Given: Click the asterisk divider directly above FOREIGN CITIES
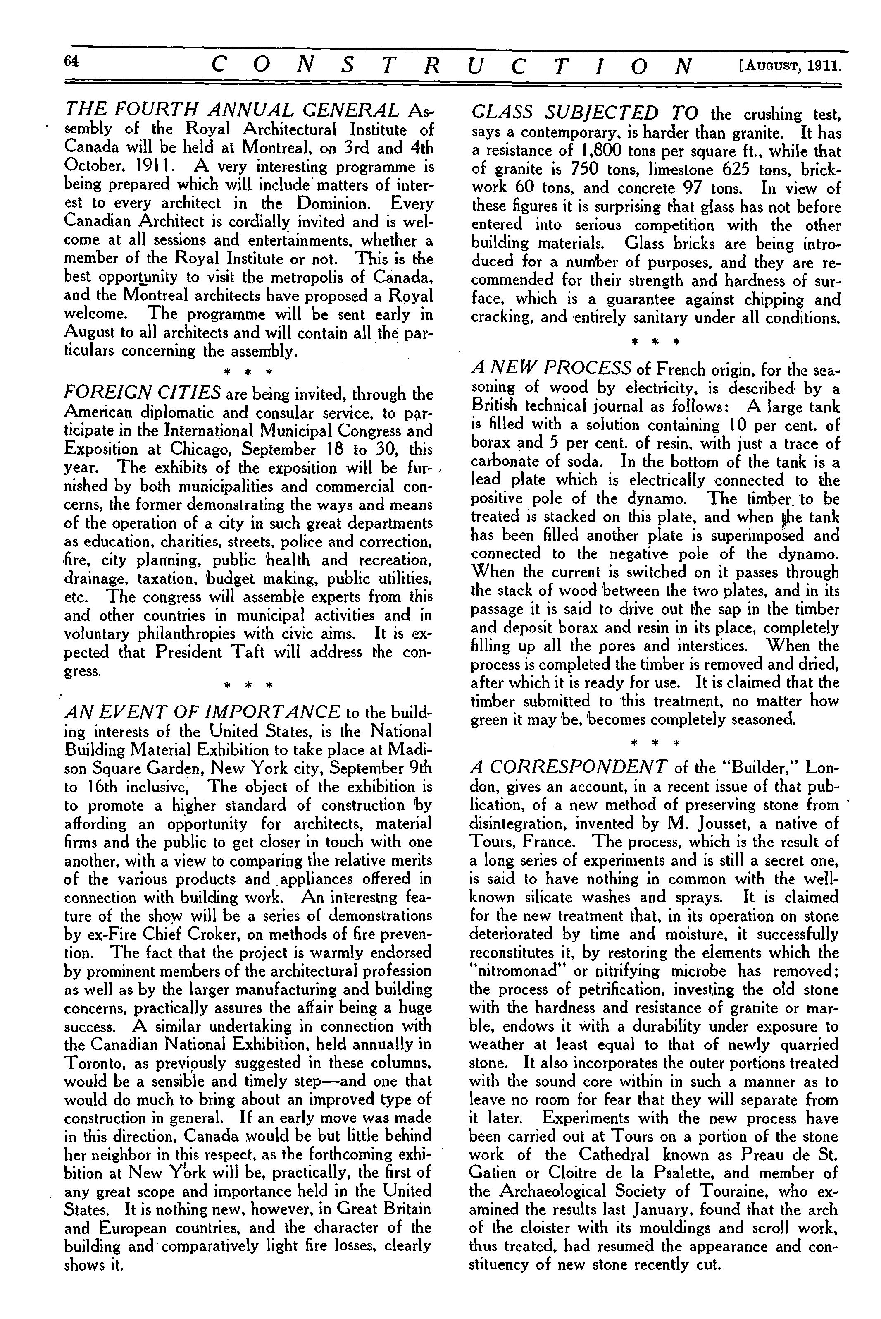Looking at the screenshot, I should (x=248, y=372).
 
